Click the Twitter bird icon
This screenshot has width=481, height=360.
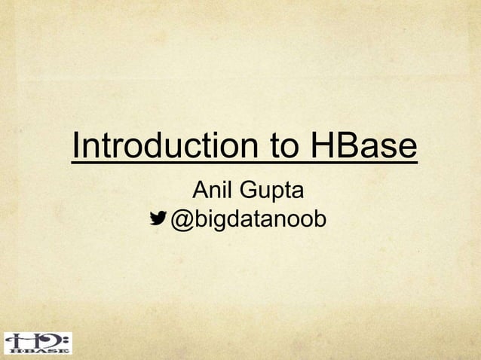click(x=158, y=218)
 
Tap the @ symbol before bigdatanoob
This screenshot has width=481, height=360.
click(x=183, y=220)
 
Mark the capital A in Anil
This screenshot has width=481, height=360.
click(x=202, y=191)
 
